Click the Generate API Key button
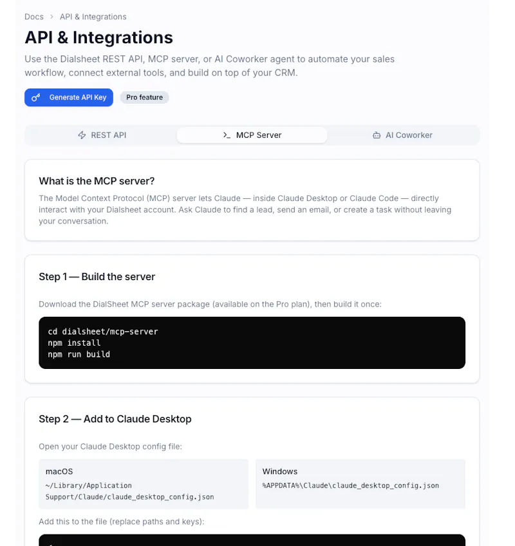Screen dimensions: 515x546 pyautogui.click(x=69, y=97)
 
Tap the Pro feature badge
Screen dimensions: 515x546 pyautogui.click(x=144, y=97)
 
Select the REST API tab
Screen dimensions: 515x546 pyautogui.click(x=102, y=135)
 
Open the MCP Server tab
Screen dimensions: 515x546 pyautogui.click(x=252, y=135)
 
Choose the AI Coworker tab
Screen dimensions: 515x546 pyautogui.click(x=402, y=135)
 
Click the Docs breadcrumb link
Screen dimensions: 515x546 pyautogui.click(x=34, y=17)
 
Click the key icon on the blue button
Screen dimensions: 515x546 pyautogui.click(x=36, y=97)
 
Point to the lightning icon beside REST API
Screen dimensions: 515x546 pyautogui.click(x=82, y=135)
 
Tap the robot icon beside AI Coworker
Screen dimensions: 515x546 pyautogui.click(x=377, y=135)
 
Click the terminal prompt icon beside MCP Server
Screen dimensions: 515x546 pyautogui.click(x=227, y=135)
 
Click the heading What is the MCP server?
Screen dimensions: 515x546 pyautogui.click(x=97, y=181)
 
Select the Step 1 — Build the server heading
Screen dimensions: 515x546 pyautogui.click(x=97, y=277)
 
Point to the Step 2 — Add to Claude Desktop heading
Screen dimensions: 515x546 pyautogui.click(x=115, y=419)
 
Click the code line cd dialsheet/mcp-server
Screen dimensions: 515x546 pyautogui.click(x=103, y=332)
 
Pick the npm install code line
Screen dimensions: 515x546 pyautogui.click(x=74, y=343)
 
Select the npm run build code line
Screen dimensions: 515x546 pyautogui.click(x=79, y=355)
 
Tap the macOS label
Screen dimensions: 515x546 pyautogui.click(x=59, y=471)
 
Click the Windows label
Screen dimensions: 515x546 pyautogui.click(x=280, y=471)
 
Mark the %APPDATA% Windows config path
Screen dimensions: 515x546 pyautogui.click(x=351, y=485)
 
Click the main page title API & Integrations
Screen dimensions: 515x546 pyautogui.click(x=98, y=37)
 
